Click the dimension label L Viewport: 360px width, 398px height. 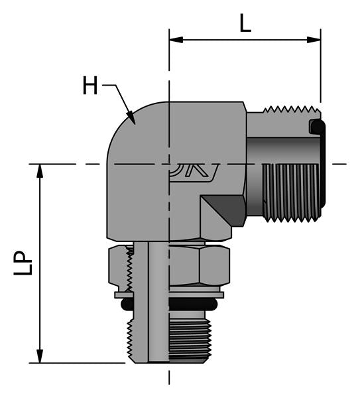coord(245,24)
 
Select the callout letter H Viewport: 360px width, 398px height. coord(90,86)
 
